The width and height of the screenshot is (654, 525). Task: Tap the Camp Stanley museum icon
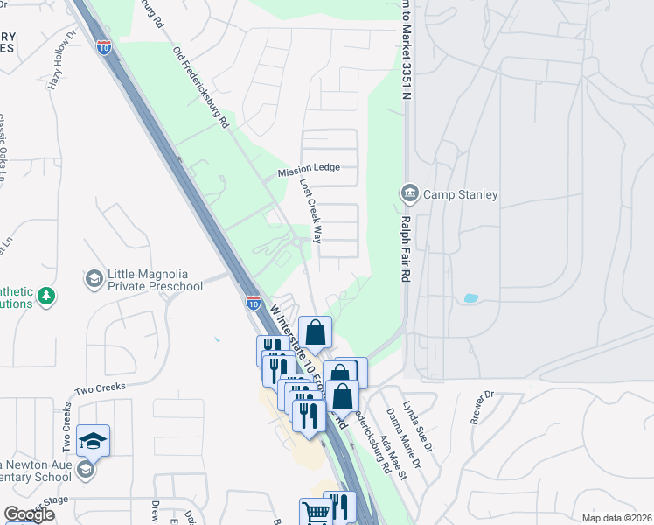(408, 192)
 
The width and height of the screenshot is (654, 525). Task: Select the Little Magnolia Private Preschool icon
(94, 279)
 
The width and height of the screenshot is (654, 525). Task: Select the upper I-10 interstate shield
(104, 45)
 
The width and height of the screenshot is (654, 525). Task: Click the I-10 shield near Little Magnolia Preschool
(253, 304)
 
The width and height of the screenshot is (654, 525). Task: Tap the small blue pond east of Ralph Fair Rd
(470, 298)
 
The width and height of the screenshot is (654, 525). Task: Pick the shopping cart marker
(315, 511)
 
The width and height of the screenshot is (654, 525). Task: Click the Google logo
(29, 514)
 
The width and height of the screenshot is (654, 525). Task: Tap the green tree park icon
(46, 296)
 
